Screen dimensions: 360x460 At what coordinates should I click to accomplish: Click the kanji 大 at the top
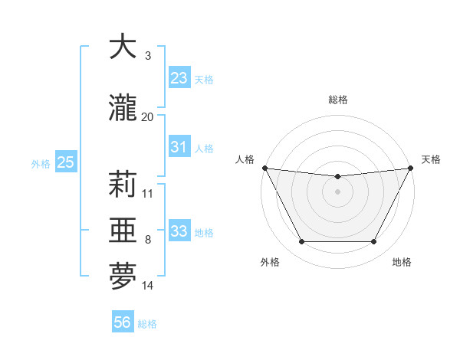(x=123, y=47)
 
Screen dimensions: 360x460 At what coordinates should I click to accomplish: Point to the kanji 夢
(x=123, y=277)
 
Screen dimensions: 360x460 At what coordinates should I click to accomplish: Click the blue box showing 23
(x=179, y=78)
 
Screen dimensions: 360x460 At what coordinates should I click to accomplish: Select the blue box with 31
(x=179, y=147)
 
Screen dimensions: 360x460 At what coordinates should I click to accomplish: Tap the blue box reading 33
(x=179, y=231)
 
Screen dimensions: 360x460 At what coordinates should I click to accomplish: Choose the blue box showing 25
(x=65, y=162)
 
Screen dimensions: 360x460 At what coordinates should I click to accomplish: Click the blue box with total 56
(x=123, y=323)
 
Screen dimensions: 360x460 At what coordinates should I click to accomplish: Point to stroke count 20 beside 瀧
(x=147, y=117)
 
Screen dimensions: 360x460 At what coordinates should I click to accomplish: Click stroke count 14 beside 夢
(x=147, y=286)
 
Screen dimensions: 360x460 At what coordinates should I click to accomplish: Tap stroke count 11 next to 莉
(x=147, y=194)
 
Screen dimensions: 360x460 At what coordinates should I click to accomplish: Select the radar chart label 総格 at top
(x=338, y=100)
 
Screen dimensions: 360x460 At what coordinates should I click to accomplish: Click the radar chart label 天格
(x=431, y=159)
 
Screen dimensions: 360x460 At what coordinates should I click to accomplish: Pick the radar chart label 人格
(x=245, y=159)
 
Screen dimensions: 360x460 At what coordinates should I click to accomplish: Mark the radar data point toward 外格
(x=301, y=242)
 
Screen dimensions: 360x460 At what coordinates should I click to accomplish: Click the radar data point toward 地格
(x=374, y=242)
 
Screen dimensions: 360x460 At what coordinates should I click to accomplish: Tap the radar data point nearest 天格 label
(x=411, y=168)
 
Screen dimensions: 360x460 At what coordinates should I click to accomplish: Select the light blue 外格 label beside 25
(x=41, y=163)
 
